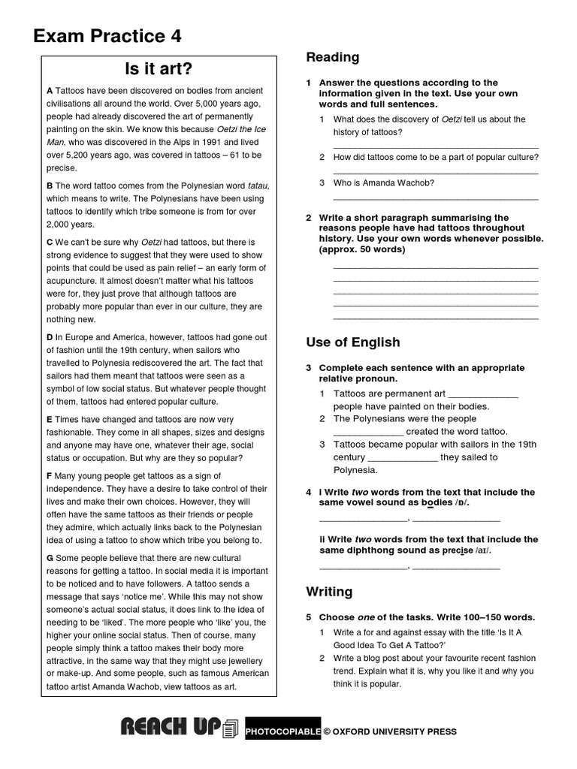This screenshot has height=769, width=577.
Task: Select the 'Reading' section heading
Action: click(333, 57)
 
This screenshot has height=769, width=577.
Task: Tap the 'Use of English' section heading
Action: click(353, 342)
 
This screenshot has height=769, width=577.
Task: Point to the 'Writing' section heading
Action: click(329, 592)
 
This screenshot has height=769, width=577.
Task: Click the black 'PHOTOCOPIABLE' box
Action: click(282, 731)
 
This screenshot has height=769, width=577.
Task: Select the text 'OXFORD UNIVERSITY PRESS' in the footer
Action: click(394, 731)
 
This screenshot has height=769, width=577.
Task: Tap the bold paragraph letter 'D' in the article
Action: click(50, 338)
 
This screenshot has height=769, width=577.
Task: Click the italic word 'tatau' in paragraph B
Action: click(256, 185)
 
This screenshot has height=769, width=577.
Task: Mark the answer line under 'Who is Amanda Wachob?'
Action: click(436, 198)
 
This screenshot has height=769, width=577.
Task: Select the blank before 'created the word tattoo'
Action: click(368, 432)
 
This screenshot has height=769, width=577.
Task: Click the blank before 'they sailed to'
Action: click(402, 457)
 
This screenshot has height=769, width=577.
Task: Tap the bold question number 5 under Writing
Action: click(308, 617)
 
